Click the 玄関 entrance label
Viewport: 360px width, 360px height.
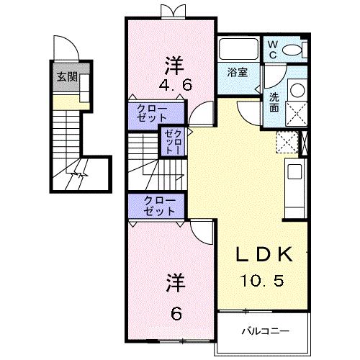tap(68, 77)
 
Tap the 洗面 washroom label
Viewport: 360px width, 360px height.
tap(275, 102)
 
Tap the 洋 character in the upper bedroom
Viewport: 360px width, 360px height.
tap(173, 63)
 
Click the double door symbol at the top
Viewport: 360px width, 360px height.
tap(171, 10)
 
